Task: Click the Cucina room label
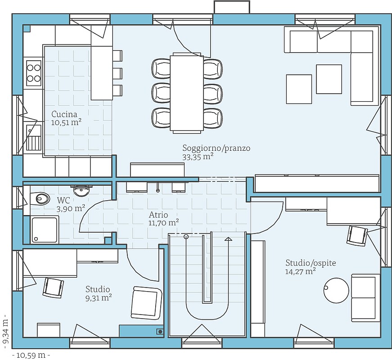tap(64, 114)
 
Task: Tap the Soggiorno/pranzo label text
tap(216, 148)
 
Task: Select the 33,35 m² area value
tap(198, 157)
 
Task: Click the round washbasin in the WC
tap(81, 191)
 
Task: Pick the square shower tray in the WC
tap(45, 229)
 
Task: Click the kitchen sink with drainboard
tap(33, 138)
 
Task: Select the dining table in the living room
tap(187, 93)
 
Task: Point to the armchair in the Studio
tap(147, 302)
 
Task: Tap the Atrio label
tap(158, 215)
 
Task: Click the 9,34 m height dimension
tap(6, 330)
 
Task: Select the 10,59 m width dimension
tap(31, 355)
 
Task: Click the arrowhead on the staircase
tap(228, 239)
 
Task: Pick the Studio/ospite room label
tap(311, 263)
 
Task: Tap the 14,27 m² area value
tap(300, 271)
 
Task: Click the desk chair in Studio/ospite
tap(357, 235)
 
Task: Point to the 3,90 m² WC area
tap(71, 208)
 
